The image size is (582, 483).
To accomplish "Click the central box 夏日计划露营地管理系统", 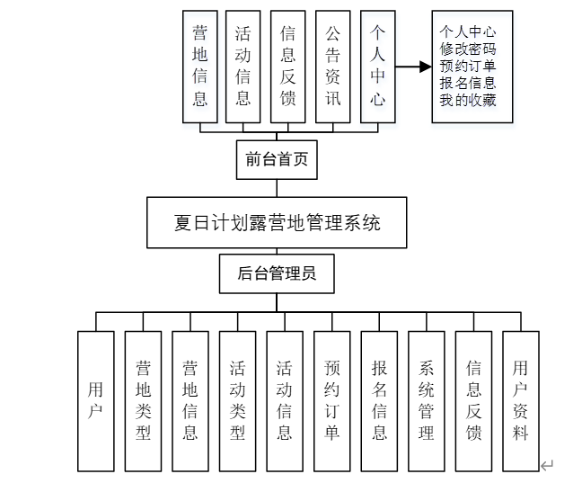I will tap(277, 222).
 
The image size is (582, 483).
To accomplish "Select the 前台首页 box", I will tap(277, 160).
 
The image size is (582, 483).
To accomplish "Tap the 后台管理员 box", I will tap(277, 273).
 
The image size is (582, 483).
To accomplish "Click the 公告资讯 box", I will tap(332, 66).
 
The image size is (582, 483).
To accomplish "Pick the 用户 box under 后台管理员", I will tap(95, 401).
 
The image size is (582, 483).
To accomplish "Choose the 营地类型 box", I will tap(143, 401).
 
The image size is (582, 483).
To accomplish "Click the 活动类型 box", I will tap(237, 401).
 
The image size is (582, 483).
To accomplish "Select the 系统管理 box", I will tap(427, 401).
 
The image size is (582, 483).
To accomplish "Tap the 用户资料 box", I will tap(521, 401).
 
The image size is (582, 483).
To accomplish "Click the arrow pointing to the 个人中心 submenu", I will tap(410, 67).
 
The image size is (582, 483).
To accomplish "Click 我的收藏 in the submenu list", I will tap(468, 100).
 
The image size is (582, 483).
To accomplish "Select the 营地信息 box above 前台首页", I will tap(199, 66).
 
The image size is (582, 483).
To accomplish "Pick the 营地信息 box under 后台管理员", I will tap(190, 401).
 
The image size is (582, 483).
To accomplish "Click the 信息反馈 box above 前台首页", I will tap(288, 66).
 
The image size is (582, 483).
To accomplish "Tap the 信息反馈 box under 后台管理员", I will tap(473, 401).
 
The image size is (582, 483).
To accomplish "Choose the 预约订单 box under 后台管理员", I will tap(332, 401).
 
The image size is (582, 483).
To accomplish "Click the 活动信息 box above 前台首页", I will tap(243, 66).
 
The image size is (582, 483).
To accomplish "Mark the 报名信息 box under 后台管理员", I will tap(379, 401).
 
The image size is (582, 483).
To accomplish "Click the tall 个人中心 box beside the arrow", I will tap(377, 66).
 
